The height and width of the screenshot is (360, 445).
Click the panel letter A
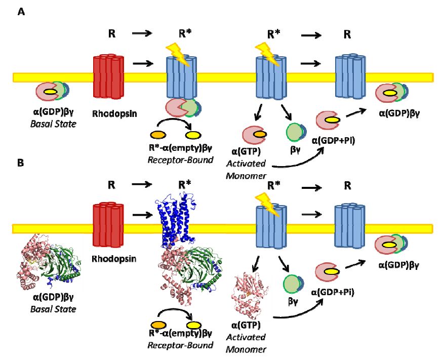pos(22,12)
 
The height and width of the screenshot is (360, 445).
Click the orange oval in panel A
pos(158,135)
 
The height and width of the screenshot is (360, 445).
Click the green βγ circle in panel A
pos(294,133)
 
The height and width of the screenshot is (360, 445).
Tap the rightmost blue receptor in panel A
pos(349,76)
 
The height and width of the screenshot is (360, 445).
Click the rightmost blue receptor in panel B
pos(349,227)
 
